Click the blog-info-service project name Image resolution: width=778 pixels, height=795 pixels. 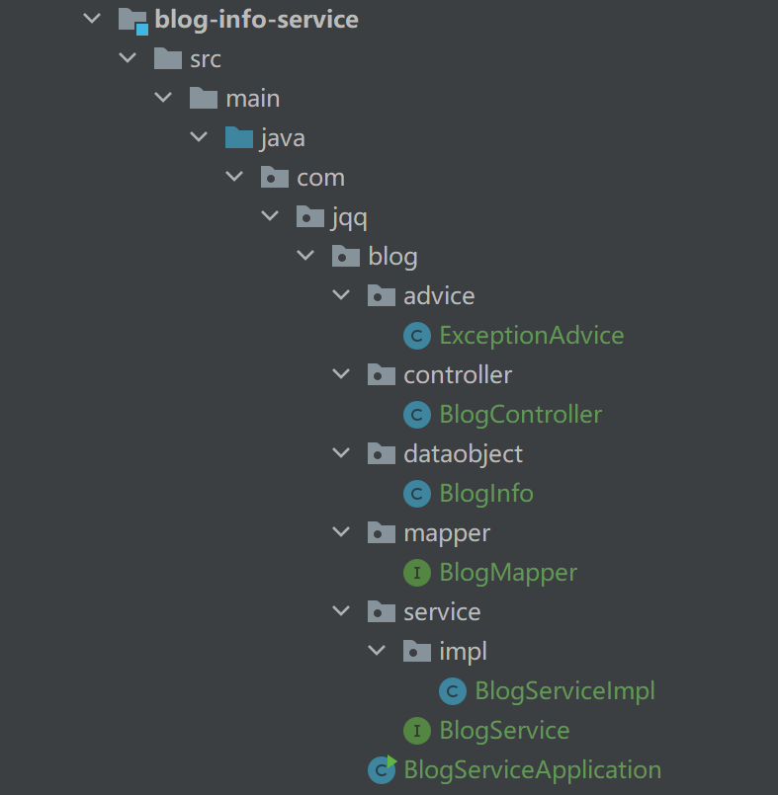[256, 19]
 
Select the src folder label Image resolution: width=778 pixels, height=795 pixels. [206, 59]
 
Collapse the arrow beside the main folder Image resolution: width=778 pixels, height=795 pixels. [163, 99]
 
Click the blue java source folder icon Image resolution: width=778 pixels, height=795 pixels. [238, 138]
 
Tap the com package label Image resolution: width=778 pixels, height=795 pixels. [320, 178]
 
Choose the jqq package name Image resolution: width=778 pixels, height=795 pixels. [351, 217]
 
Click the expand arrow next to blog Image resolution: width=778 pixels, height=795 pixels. [305, 257]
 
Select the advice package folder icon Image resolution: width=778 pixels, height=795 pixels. [381, 296]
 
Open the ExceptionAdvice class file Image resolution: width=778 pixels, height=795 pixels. [531, 336]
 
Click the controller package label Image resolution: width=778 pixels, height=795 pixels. [458, 375]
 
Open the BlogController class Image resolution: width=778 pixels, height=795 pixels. [520, 415]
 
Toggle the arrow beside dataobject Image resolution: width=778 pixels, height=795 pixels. [341, 454]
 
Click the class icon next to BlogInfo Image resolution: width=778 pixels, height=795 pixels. [417, 494]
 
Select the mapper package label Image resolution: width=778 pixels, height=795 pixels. [447, 533]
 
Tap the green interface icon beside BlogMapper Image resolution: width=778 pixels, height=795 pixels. [417, 573]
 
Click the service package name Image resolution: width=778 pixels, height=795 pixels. [442, 612]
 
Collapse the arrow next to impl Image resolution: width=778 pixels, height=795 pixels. [377, 652]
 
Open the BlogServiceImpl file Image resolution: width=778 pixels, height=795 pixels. [564, 691]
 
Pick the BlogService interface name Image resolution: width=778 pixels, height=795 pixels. [504, 731]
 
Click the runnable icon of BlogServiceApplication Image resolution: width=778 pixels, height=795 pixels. [382, 769]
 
